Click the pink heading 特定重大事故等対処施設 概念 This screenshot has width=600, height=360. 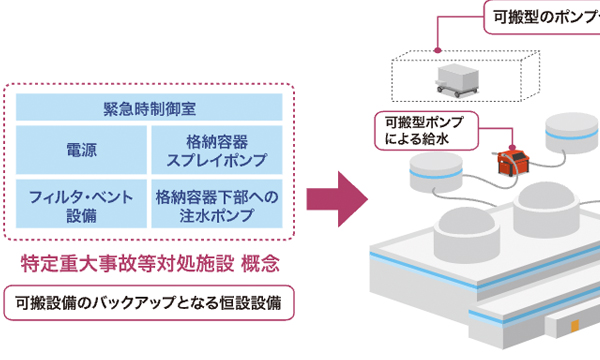149,265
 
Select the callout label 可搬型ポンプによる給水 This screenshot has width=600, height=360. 425,129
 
